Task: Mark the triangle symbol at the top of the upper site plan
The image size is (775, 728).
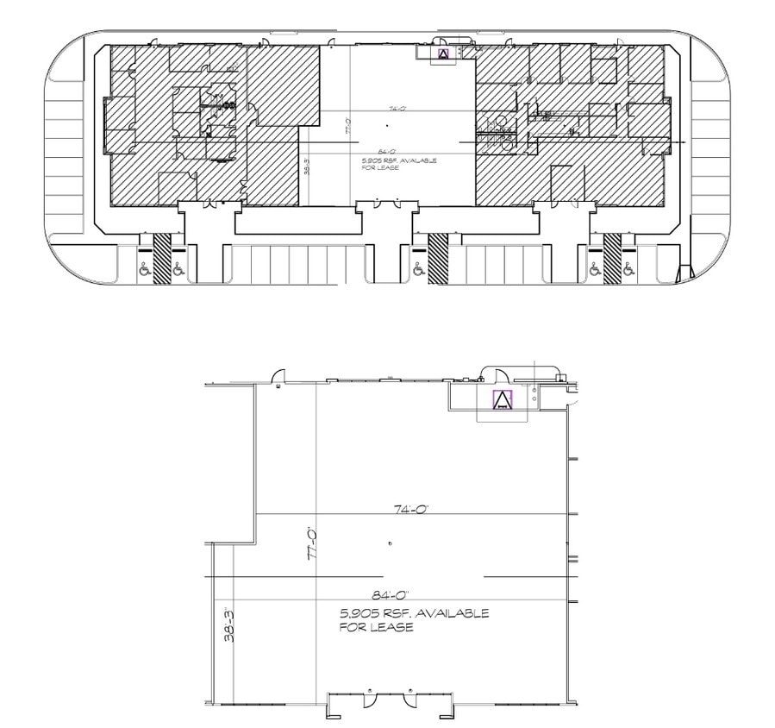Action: tap(444, 53)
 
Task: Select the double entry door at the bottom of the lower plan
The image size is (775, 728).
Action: tap(390, 699)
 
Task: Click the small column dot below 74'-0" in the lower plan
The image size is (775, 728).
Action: tap(391, 543)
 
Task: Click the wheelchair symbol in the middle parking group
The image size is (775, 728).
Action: tap(418, 269)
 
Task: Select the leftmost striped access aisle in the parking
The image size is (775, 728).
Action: tap(161, 257)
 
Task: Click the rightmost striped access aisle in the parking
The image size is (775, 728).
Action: tap(612, 257)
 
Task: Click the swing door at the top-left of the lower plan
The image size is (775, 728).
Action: tap(278, 375)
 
